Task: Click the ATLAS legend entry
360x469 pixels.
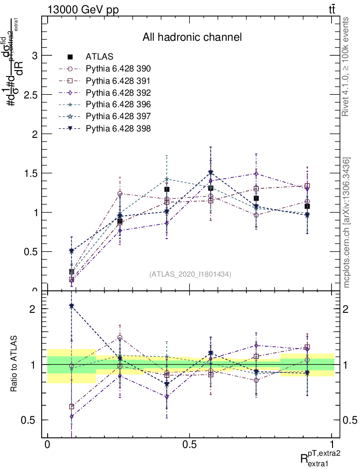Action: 99,57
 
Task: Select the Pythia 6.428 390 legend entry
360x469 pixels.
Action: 118,69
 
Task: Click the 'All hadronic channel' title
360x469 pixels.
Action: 192,37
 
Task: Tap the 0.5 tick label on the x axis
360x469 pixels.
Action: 190,445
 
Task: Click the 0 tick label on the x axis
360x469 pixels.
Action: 47,445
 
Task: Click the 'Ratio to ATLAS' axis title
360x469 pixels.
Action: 14,365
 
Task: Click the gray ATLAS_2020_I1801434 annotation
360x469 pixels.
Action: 190,274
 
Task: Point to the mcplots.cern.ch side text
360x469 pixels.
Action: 347,223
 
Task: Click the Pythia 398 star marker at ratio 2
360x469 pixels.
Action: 71,305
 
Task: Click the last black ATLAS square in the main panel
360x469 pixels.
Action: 307,206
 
